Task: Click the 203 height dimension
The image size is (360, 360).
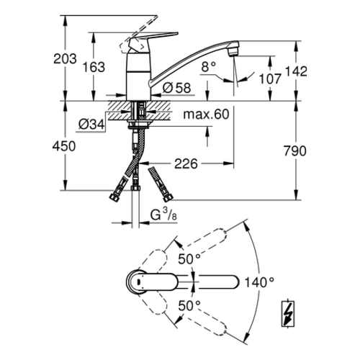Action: click(65, 59)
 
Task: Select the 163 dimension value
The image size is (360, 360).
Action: click(94, 67)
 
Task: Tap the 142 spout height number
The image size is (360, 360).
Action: click(296, 71)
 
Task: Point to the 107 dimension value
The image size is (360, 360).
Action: click(270, 78)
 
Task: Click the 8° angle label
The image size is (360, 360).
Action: click(209, 66)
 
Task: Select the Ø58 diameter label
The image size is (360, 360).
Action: click(177, 88)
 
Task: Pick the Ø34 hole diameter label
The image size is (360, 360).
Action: click(91, 125)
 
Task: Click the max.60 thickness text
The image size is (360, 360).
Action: click(206, 114)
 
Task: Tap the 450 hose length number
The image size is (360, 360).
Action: click(64, 146)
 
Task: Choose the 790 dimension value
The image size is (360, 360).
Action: click(295, 151)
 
